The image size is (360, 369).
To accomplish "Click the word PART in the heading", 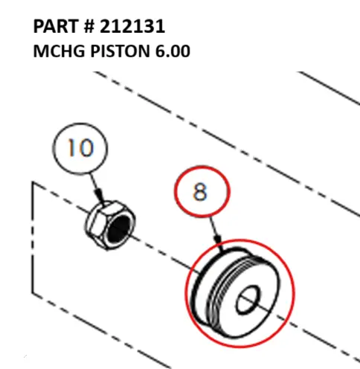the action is pyautogui.click(x=57, y=26).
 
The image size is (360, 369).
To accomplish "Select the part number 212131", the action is pyautogui.click(x=132, y=26).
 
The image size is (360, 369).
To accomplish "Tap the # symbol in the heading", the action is pyautogui.click(x=89, y=26).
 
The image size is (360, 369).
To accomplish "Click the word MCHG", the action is pyautogui.click(x=59, y=51).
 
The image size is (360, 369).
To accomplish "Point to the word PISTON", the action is pyautogui.click(x=120, y=51).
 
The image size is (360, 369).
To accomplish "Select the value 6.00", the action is pyautogui.click(x=173, y=51).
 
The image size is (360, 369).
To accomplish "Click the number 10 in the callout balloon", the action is pyautogui.click(x=80, y=148).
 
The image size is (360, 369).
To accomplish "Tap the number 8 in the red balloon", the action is pyautogui.click(x=200, y=191).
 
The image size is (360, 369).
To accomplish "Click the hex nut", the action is pyautogui.click(x=110, y=225).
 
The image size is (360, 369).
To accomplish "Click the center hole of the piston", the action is pyautogui.click(x=248, y=300).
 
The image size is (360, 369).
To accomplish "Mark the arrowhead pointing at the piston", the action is pyautogui.click(x=218, y=239).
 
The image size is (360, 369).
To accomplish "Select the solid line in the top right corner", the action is pyautogui.click(x=329, y=88).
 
